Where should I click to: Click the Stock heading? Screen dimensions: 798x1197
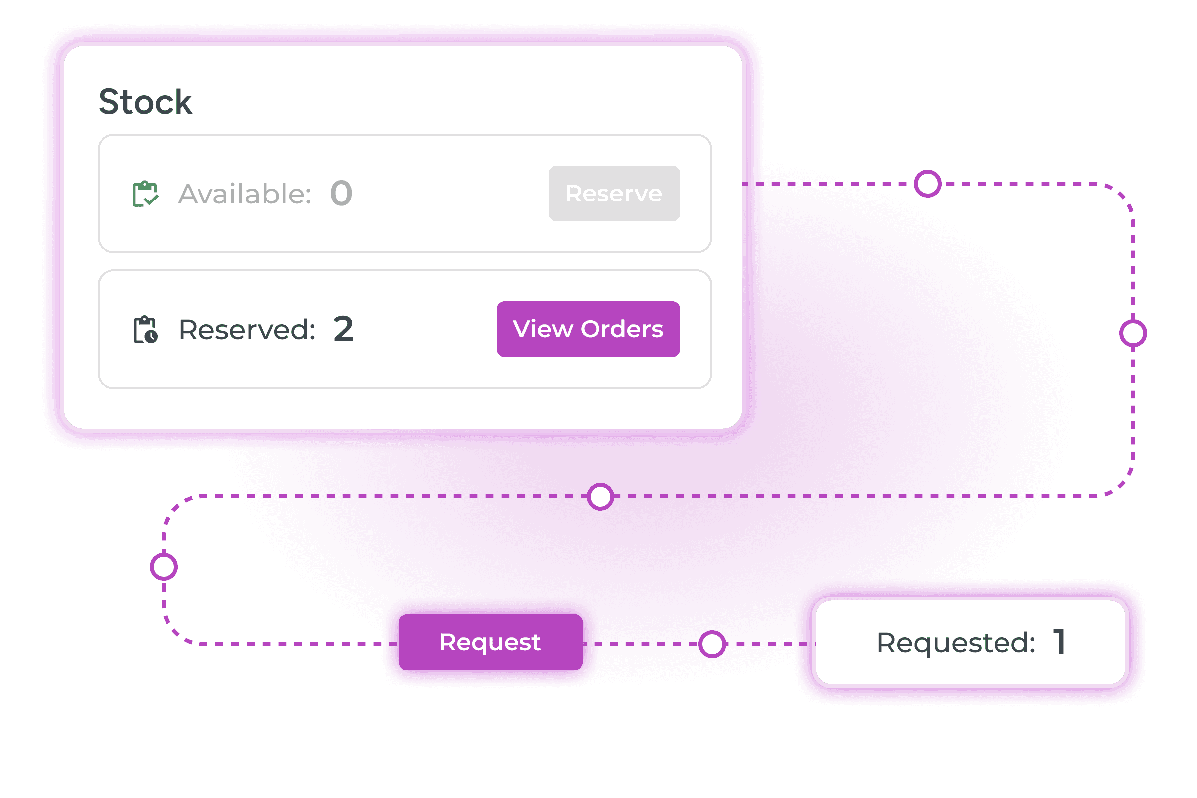point(145,102)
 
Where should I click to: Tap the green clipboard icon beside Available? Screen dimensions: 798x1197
point(145,194)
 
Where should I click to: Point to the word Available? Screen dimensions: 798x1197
point(244,194)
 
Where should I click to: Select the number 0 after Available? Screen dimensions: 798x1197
point(341,194)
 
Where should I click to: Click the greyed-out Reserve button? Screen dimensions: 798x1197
point(614,194)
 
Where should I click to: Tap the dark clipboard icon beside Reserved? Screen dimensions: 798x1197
point(145,330)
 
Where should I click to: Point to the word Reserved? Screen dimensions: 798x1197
point(247,330)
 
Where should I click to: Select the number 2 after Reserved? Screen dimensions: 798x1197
point(343,329)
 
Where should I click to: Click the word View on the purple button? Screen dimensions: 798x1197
point(543,329)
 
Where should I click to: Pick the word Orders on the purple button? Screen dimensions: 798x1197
point(622,329)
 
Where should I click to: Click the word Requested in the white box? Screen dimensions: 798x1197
point(956,643)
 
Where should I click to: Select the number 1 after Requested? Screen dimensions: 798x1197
point(1059,642)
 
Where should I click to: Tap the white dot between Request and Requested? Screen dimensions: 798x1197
point(712,644)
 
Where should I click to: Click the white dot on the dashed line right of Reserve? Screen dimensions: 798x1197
point(927,183)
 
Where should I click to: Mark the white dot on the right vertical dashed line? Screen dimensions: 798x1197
point(1133,333)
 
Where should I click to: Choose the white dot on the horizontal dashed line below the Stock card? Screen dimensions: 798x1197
point(600,497)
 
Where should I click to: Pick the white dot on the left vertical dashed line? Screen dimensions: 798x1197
point(164,567)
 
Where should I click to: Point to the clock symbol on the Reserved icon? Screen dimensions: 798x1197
point(151,336)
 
